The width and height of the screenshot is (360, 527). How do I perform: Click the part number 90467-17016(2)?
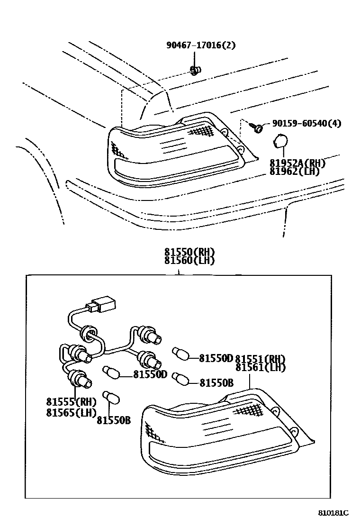coord(201,45)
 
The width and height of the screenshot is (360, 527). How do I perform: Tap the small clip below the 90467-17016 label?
coord(194,71)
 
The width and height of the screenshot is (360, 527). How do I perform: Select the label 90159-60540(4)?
coord(306,124)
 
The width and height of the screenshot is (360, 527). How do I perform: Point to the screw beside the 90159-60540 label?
coord(258,127)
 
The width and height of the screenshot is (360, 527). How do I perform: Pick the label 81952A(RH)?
coord(298,163)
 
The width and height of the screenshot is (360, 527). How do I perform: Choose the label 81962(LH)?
coord(295,171)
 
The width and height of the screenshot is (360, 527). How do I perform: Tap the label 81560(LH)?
coord(189,260)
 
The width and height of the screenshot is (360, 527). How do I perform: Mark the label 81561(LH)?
coord(261,367)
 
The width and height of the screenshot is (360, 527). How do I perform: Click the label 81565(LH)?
coord(71,412)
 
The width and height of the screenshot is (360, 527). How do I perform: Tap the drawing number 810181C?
coord(333,513)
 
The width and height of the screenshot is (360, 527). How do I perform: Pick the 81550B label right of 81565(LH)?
coord(113,419)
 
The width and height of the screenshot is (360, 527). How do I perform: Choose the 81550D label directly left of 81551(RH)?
coord(216,358)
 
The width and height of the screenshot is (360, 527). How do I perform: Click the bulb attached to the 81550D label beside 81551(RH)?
coord(180,354)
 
